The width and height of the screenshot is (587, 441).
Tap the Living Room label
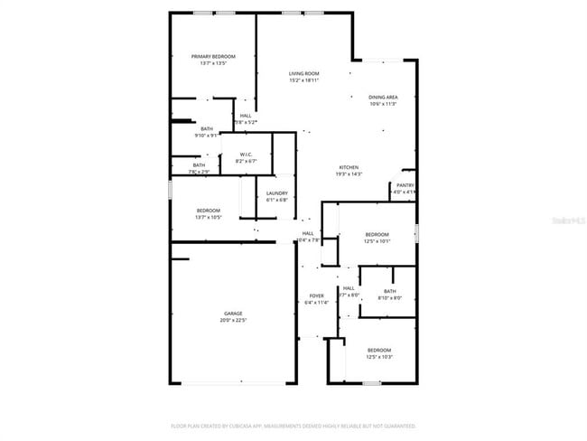304,73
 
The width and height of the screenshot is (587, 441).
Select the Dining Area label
383,97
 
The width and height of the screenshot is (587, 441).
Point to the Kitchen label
349,167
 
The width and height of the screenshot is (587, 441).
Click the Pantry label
404,185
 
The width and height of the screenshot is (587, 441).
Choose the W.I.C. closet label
244,154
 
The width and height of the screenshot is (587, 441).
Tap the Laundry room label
277,192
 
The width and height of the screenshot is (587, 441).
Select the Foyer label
317,296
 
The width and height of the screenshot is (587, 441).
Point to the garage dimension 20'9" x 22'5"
233,320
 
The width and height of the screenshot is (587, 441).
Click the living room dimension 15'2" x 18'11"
304,80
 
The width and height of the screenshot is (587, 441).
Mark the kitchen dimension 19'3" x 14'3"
349,174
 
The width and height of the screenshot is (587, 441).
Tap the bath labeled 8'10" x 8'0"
389,297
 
